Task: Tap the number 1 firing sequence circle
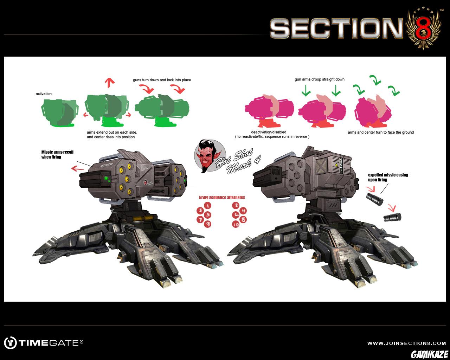[208, 206]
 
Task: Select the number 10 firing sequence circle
[235, 224]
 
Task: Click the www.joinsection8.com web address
[406, 343]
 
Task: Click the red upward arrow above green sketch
[111, 83]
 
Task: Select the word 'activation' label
[44, 94]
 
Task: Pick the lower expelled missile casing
[392, 217]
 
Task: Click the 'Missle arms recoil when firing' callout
[57, 154]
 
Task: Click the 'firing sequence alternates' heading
[222, 197]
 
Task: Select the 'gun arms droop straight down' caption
[319, 79]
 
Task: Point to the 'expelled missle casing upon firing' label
[388, 177]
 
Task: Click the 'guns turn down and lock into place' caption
[162, 80]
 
